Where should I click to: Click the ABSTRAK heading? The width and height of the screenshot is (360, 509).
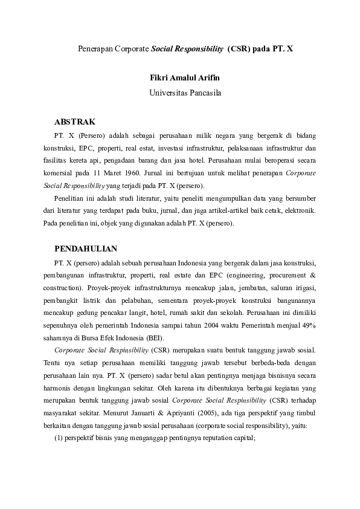click(75, 122)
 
